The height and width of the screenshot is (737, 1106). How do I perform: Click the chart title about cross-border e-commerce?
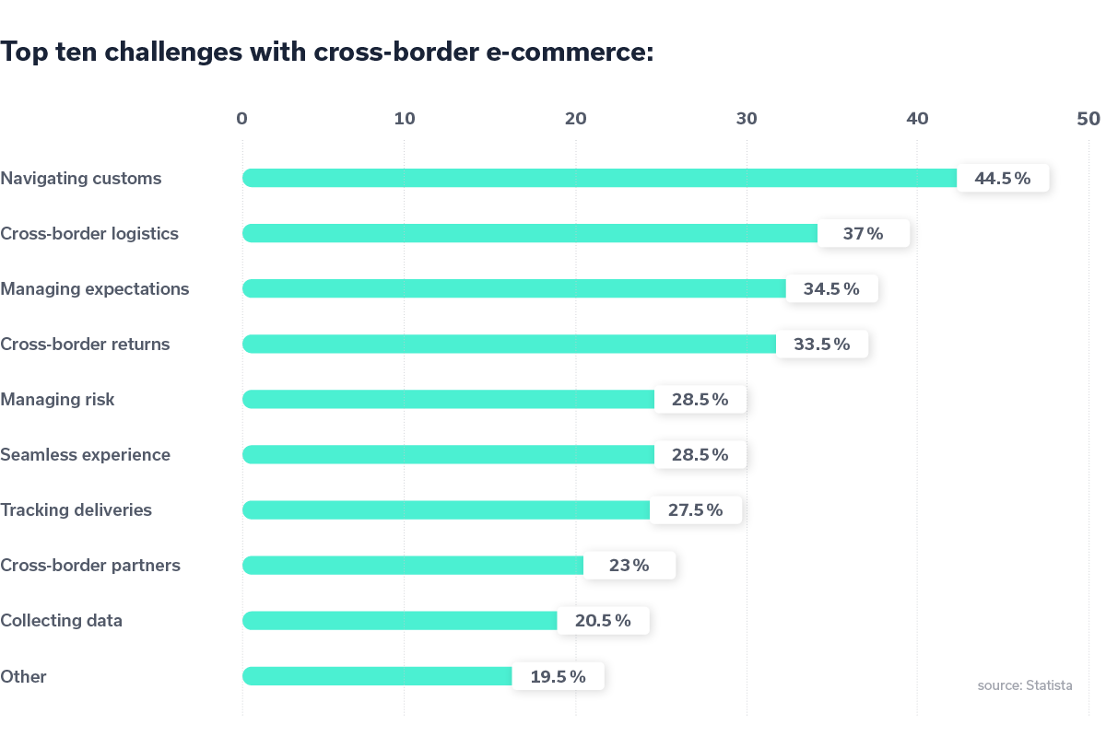(327, 53)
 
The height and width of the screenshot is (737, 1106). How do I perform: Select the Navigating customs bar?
(599, 179)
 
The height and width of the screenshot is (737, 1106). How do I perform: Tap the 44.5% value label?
(1003, 179)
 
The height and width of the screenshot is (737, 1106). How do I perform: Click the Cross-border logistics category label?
(89, 234)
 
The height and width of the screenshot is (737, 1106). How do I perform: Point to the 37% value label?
(864, 234)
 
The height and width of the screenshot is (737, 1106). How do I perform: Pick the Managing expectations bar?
(514, 289)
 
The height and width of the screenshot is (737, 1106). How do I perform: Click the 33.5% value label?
(822, 345)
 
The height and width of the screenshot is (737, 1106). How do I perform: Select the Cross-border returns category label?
(85, 345)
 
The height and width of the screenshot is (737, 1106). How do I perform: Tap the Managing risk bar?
(449, 400)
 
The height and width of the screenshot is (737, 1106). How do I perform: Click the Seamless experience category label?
(85, 455)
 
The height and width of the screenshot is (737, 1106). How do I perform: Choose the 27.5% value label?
(696, 510)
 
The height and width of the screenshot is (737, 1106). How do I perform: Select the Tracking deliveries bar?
(447, 510)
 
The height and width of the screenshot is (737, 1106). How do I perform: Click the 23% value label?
(629, 566)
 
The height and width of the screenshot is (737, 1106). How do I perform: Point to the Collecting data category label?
(61, 621)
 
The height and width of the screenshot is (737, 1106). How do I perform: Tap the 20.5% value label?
(604, 621)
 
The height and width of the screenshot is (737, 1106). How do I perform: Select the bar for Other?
(378, 676)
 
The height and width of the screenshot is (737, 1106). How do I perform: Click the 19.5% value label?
(559, 676)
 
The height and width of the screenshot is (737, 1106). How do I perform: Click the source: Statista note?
(1024, 686)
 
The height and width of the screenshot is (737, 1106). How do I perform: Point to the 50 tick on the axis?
(1088, 119)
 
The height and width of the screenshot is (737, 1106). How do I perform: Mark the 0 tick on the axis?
(241, 119)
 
